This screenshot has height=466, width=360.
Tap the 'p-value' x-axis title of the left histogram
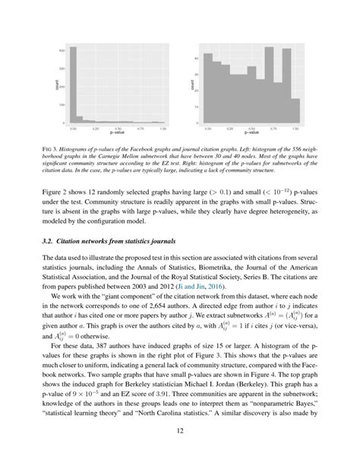(118, 134)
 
